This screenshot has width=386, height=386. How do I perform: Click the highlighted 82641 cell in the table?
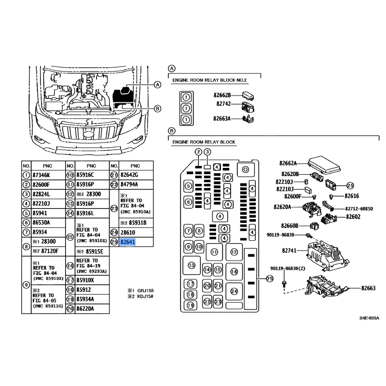click(128, 242)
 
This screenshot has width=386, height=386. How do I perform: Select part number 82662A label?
click(288, 163)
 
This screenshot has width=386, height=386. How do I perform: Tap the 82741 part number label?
click(289, 250)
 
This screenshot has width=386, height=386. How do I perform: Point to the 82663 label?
click(368, 288)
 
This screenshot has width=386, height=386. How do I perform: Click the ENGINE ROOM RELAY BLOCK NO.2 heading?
click(209, 80)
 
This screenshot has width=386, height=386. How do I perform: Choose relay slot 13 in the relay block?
click(192, 265)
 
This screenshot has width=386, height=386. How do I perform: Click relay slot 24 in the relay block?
click(234, 291)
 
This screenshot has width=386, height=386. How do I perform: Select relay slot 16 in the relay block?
click(234, 272)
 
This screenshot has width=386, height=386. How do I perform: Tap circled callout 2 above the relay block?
click(198, 152)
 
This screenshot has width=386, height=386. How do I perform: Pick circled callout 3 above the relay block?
click(207, 152)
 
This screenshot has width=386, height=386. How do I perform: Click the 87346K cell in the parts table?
click(41, 175)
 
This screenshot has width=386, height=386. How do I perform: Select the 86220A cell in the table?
click(85, 309)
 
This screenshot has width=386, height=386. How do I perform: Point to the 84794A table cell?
click(129, 184)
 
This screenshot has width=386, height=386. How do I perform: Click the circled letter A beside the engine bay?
click(158, 85)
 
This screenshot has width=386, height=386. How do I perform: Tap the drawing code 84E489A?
click(369, 318)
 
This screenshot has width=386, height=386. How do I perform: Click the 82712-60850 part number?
click(359, 209)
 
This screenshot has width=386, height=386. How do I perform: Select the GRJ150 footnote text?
click(145, 290)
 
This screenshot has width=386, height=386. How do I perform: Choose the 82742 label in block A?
click(223, 104)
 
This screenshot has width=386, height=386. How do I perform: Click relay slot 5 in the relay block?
click(189, 186)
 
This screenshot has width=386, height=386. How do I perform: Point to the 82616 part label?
click(352, 196)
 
